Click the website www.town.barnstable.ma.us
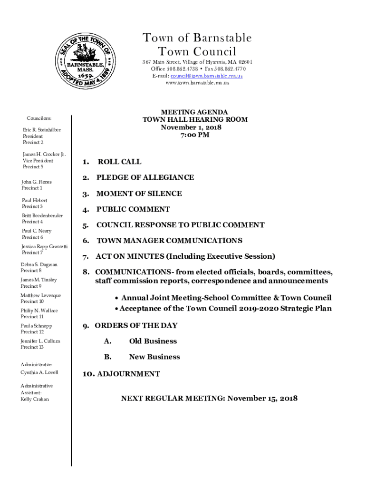click(x=197, y=83)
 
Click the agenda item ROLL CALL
click(x=119, y=162)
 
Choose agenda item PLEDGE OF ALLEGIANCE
click(x=145, y=177)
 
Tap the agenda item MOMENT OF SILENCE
click(x=139, y=194)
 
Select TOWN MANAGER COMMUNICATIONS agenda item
click(x=169, y=241)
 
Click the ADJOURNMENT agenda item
click(x=128, y=374)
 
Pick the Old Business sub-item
click(x=153, y=341)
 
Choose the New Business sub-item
click(x=154, y=357)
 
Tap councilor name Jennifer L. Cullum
click(x=40, y=341)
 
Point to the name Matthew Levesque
click(x=41, y=295)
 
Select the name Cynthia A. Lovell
click(x=39, y=372)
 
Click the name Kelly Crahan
click(x=35, y=399)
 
